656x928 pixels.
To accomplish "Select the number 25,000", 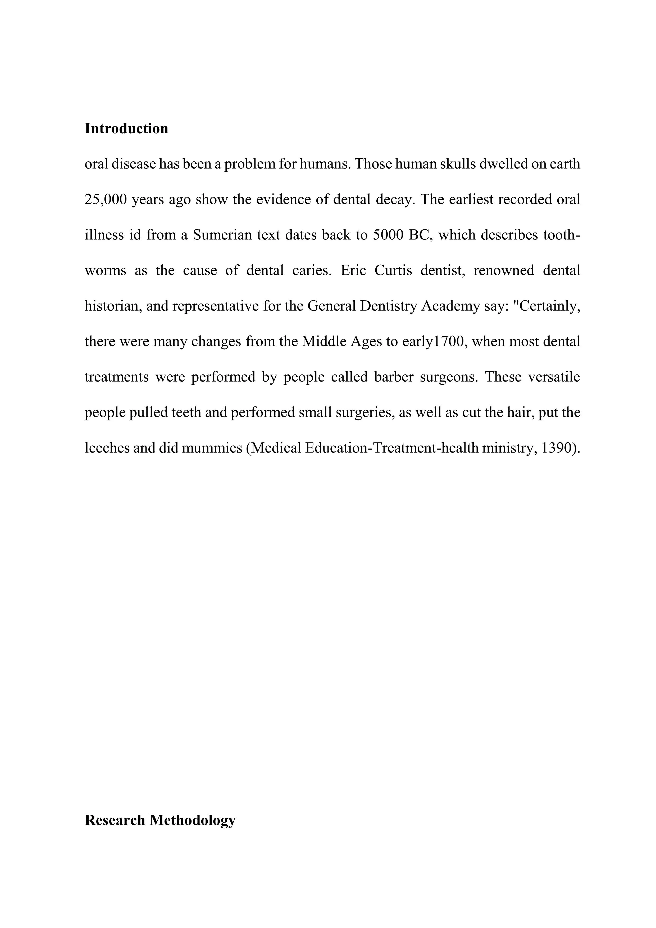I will click(106, 200).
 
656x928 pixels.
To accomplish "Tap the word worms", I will click(106, 270).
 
